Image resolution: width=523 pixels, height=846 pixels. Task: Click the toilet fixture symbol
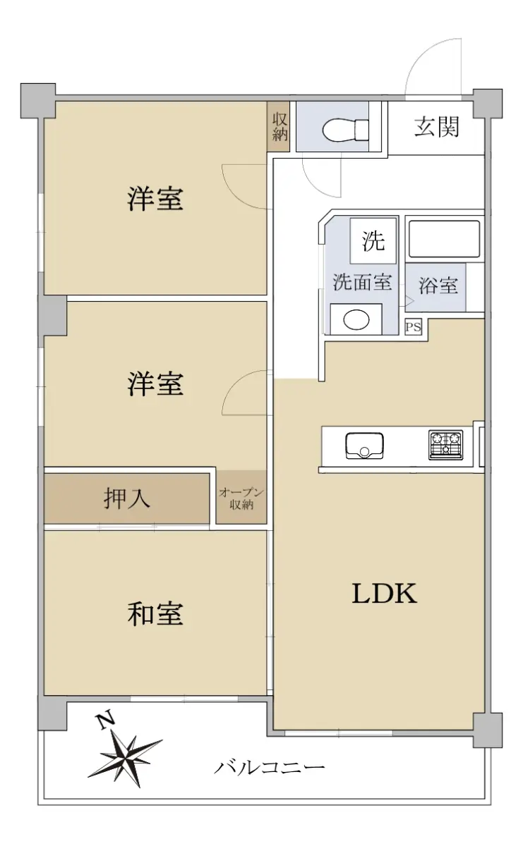[x=345, y=130]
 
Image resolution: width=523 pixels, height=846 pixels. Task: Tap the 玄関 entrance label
[x=437, y=127]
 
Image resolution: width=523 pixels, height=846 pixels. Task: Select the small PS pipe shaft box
[x=413, y=327]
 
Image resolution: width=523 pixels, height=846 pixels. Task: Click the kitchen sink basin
[x=364, y=446]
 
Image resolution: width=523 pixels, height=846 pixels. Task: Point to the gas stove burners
[x=446, y=445]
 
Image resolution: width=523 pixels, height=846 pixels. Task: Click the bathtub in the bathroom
[x=445, y=239]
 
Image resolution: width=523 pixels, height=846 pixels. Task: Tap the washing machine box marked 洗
[x=373, y=240]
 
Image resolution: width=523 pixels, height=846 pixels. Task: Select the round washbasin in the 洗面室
[x=356, y=319]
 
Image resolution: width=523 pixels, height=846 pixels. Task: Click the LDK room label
[x=384, y=594]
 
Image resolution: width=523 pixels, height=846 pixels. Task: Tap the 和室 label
[x=155, y=614]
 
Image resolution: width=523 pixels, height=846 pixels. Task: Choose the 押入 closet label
[x=126, y=498]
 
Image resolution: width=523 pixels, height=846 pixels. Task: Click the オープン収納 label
[x=241, y=498]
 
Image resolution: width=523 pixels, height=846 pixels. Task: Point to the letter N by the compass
[x=107, y=720]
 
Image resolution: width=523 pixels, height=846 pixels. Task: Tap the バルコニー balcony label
[x=269, y=767]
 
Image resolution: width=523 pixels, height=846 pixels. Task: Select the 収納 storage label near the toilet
[x=279, y=127]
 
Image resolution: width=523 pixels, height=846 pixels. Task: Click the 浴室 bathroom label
[x=438, y=285]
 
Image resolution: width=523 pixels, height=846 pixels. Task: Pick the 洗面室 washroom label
[x=362, y=282]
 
